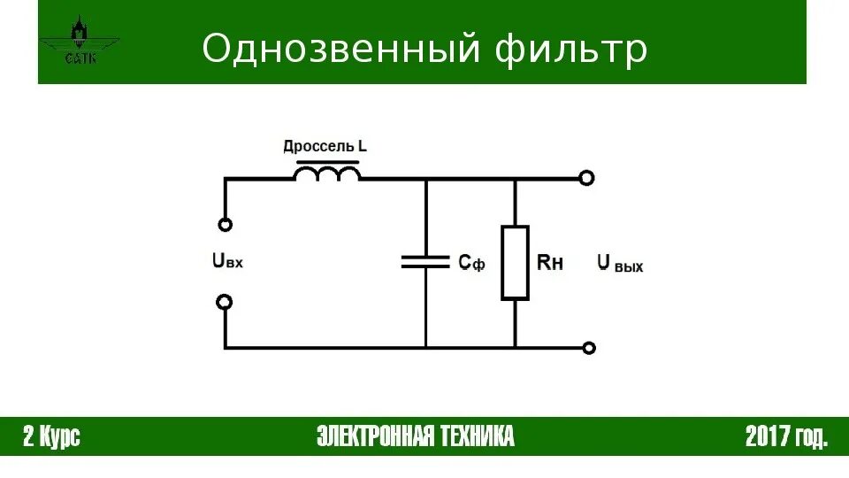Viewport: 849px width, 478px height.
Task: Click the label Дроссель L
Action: click(325, 146)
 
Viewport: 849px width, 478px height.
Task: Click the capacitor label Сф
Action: click(471, 262)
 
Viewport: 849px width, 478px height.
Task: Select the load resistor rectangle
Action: click(515, 262)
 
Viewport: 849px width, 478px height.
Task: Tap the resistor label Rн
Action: click(550, 262)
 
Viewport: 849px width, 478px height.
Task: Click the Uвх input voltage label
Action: click(227, 261)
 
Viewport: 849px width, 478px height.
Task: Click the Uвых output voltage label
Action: click(619, 263)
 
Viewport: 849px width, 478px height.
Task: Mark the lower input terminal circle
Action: click(225, 302)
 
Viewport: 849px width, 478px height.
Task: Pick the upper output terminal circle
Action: click(586, 178)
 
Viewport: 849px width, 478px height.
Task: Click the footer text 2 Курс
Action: click(51, 436)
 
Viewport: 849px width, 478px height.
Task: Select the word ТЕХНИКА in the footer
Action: click(476, 436)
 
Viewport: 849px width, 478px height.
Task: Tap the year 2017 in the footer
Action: click(765, 436)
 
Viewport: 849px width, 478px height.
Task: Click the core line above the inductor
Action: click(327, 162)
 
